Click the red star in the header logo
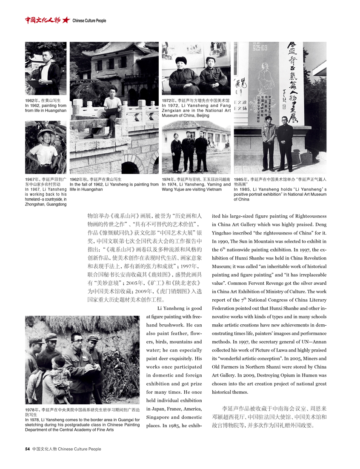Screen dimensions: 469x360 coord(66,20)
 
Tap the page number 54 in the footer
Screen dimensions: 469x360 coord(27,449)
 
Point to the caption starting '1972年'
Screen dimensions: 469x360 coord(196,101)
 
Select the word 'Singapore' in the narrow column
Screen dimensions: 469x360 coord(159,417)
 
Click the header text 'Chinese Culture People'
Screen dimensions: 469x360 coord(89,20)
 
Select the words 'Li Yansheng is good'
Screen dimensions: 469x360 coord(179,308)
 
